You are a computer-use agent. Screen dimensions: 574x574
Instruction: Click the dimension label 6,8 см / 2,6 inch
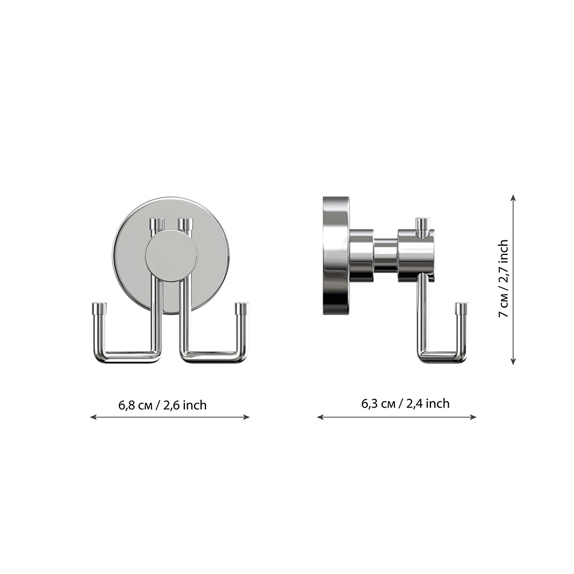162,405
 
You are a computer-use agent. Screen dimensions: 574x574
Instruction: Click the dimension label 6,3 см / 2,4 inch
405,404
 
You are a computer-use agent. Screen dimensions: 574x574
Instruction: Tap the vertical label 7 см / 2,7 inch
504,278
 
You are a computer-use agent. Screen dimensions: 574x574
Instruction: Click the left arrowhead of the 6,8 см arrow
93,417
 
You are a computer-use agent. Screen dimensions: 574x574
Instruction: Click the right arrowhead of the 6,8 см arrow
247,417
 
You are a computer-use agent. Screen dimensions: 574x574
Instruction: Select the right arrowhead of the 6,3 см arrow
474,417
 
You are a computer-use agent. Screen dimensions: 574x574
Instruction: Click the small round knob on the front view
171,256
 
